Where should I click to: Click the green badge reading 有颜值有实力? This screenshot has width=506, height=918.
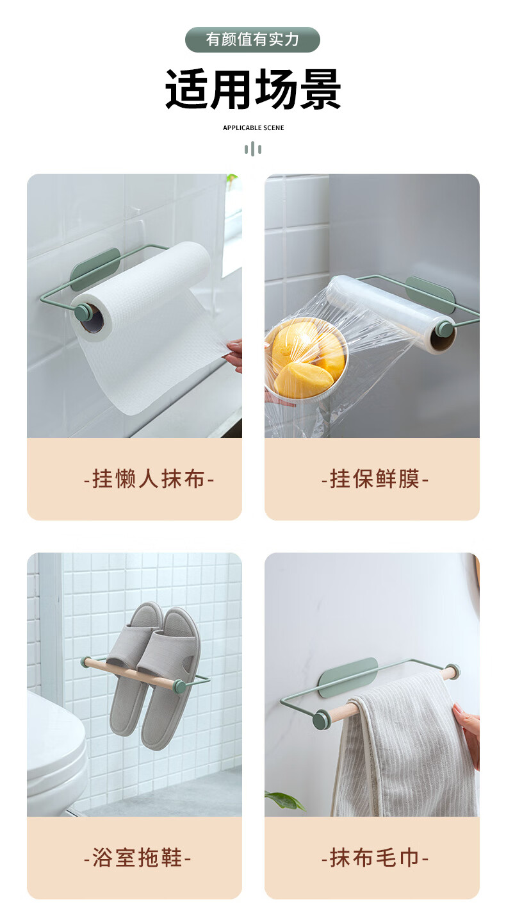pyautogui.click(x=252, y=40)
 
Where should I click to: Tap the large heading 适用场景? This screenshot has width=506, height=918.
pyautogui.click(x=253, y=89)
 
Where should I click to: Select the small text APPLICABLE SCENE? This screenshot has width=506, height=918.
pyautogui.click(x=254, y=128)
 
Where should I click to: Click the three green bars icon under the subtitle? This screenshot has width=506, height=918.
pyautogui.click(x=253, y=149)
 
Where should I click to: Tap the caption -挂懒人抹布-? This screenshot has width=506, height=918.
pyautogui.click(x=149, y=479)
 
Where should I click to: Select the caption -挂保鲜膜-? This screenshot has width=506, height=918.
pyautogui.click(x=375, y=479)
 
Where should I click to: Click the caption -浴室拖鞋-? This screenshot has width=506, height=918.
pyautogui.click(x=137, y=857)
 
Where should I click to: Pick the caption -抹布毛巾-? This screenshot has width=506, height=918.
pyautogui.click(x=375, y=857)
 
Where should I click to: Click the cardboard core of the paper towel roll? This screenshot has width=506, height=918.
pyautogui.click(x=91, y=319)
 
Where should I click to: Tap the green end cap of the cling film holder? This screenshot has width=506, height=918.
pyautogui.click(x=444, y=328)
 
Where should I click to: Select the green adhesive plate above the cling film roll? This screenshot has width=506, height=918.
pyautogui.click(x=429, y=294)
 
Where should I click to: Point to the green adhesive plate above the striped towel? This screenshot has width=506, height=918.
pyautogui.click(x=348, y=678)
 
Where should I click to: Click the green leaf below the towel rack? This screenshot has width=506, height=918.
pyautogui.click(x=284, y=799)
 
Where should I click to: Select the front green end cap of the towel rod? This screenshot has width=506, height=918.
pyautogui.click(x=322, y=719)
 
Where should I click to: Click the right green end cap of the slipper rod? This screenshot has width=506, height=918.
pyautogui.click(x=180, y=686)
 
